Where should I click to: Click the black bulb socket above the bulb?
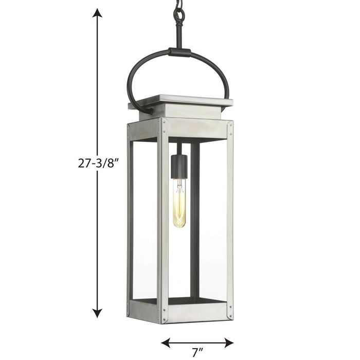point(179,165)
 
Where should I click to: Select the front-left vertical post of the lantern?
point(163,221)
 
